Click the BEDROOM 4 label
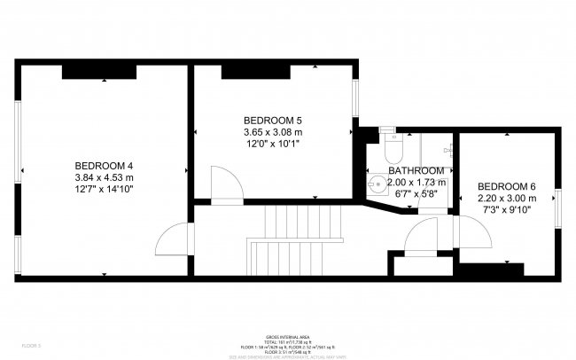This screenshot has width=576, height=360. [x=104, y=165]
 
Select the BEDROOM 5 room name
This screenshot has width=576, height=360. [x=274, y=121]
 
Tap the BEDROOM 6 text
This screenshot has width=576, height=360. [x=507, y=186]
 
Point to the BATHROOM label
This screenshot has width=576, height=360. [x=416, y=170]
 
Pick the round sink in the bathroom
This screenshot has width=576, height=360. [x=377, y=184]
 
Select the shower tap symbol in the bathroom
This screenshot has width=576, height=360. [x=449, y=149]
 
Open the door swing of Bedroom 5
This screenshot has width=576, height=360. [x=228, y=185]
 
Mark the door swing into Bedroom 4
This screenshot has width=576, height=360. [x=174, y=239]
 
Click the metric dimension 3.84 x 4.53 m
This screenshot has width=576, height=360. [x=104, y=177]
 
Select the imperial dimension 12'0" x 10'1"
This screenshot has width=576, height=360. [x=274, y=145]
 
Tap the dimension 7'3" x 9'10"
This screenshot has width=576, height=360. [x=507, y=210]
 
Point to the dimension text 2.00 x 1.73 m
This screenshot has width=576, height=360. [x=416, y=182]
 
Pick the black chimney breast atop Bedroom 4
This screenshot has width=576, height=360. [x=98, y=71]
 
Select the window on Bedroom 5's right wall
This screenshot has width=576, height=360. [x=356, y=100]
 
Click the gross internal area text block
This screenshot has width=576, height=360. [x=287, y=345]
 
